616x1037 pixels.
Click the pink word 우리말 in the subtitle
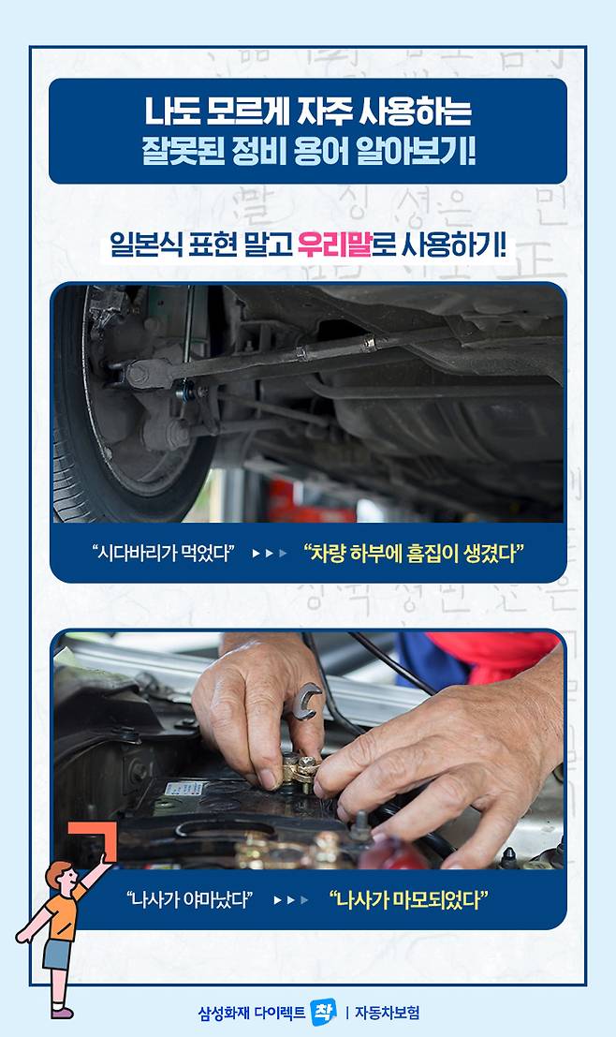tap(334, 244)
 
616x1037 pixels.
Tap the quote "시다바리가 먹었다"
tap(164, 553)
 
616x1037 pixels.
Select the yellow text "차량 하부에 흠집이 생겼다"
tap(414, 553)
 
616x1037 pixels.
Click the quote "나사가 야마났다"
tap(190, 899)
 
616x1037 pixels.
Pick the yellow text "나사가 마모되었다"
tap(408, 899)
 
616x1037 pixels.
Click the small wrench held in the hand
tap(306, 701)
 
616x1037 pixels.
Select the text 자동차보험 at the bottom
tap(387, 1013)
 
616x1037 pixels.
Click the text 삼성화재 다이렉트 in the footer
tap(252, 1013)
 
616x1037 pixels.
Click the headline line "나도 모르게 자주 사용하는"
tap(308, 111)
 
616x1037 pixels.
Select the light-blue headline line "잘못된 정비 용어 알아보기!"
tap(308, 152)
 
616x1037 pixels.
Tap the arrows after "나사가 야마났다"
tap(291, 900)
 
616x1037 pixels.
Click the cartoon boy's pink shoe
tap(62, 1013)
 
